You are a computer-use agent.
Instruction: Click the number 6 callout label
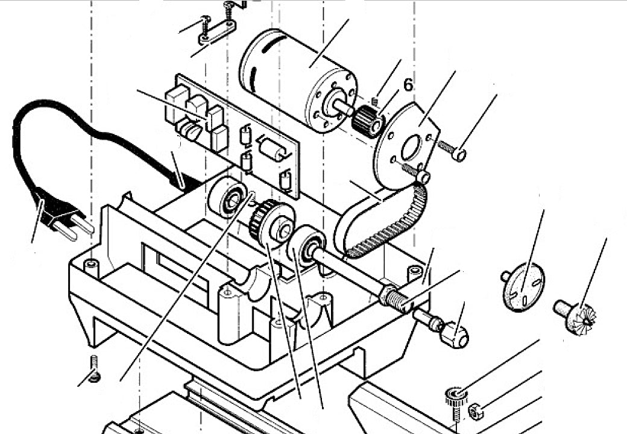point(408,85)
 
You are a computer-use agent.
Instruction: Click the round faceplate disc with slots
point(523,289)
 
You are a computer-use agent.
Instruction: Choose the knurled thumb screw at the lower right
point(456,398)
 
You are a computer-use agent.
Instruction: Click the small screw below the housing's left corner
point(95,369)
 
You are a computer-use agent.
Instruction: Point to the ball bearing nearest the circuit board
point(227,198)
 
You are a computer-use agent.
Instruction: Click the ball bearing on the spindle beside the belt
point(308,247)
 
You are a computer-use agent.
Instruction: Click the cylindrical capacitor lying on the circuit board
point(273,148)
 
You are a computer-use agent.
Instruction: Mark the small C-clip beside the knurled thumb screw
point(475,412)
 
